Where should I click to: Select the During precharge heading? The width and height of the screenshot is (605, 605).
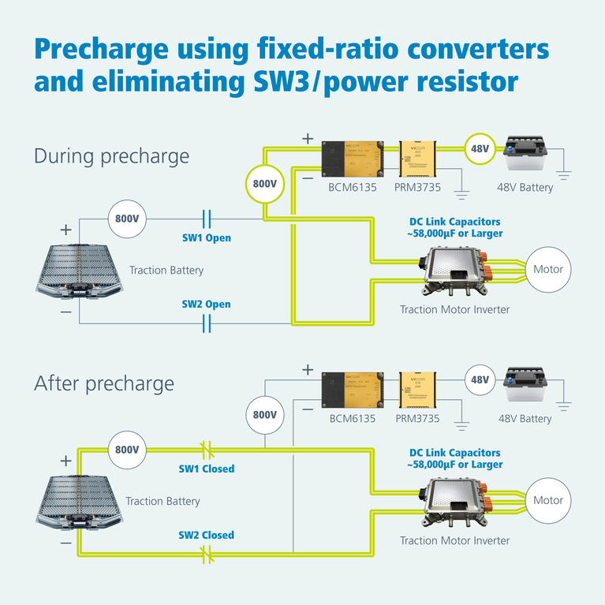111,156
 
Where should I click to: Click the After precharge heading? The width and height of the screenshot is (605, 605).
103,384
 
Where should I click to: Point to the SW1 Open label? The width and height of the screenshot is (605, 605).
206,237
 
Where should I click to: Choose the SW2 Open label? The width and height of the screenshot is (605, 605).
206,304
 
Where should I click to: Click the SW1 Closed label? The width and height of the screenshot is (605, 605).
206,469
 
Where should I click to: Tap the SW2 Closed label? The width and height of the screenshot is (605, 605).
206,535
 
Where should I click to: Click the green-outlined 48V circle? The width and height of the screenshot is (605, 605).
480,148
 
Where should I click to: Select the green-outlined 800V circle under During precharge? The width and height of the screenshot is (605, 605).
264,184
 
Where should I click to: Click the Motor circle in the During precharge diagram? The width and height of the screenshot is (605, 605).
547,270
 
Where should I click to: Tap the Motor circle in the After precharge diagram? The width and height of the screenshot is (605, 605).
547,500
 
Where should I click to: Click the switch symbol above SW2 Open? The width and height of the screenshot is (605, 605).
207,323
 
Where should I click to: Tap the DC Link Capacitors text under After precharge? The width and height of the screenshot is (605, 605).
454,458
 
